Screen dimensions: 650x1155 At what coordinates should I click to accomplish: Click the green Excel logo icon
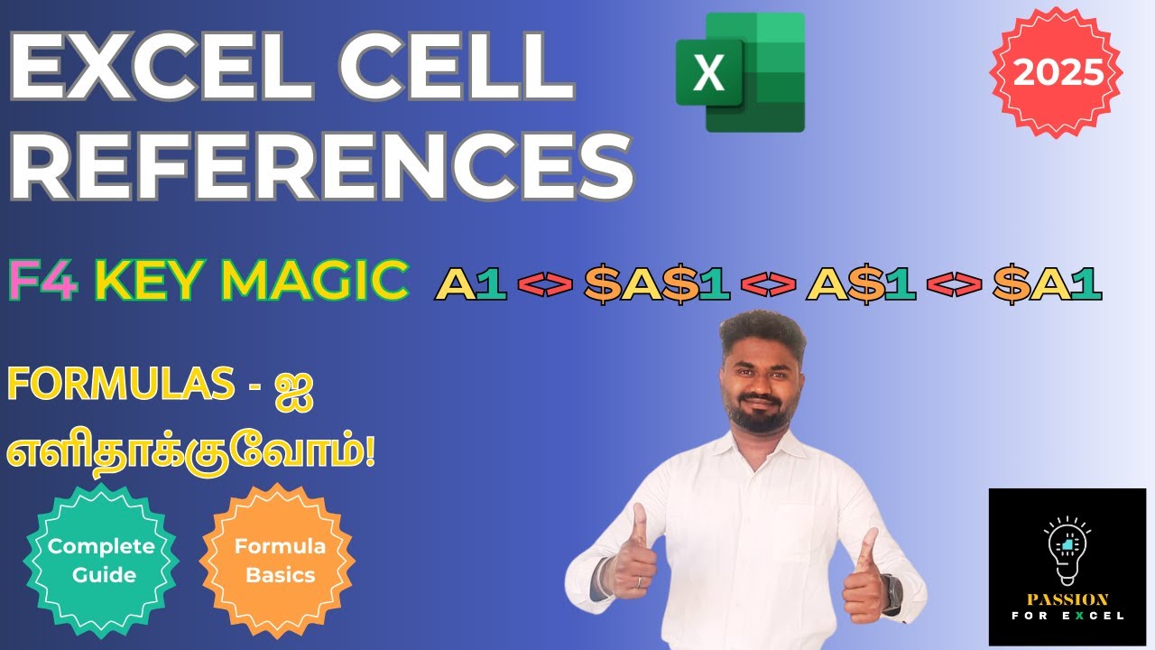740,72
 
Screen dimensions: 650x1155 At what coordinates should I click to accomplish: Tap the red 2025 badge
1057,72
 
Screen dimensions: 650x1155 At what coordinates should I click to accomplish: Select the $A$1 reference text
657,284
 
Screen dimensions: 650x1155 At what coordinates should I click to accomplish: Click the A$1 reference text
861,284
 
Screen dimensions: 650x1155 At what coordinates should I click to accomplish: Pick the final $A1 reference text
1047,284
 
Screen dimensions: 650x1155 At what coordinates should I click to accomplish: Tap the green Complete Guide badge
101,561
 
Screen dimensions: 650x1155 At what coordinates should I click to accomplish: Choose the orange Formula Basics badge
280,561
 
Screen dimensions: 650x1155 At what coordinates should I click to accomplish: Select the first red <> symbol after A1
545,285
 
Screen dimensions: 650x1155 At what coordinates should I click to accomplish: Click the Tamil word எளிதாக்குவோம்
191,450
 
